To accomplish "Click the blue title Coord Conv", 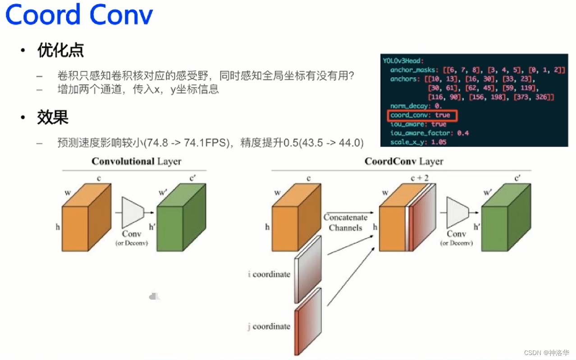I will pyautogui.click(x=79, y=15).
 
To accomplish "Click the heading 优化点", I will pyautogui.click(x=60, y=51).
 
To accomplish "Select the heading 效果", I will pyautogui.click(x=52, y=117).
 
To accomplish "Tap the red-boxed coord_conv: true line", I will pyautogui.click(x=423, y=115).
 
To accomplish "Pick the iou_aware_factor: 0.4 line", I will pyautogui.click(x=430, y=133).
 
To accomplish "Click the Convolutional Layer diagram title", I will pyautogui.click(x=136, y=161).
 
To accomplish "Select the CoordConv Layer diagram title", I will pyautogui.click(x=403, y=161).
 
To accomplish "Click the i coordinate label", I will pyautogui.click(x=269, y=274).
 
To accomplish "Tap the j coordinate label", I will pyautogui.click(x=269, y=326).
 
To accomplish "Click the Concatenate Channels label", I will pyautogui.click(x=345, y=223).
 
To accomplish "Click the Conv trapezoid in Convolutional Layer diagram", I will pyautogui.click(x=132, y=212).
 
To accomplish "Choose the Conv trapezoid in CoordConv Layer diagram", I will pyautogui.click(x=457, y=212).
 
